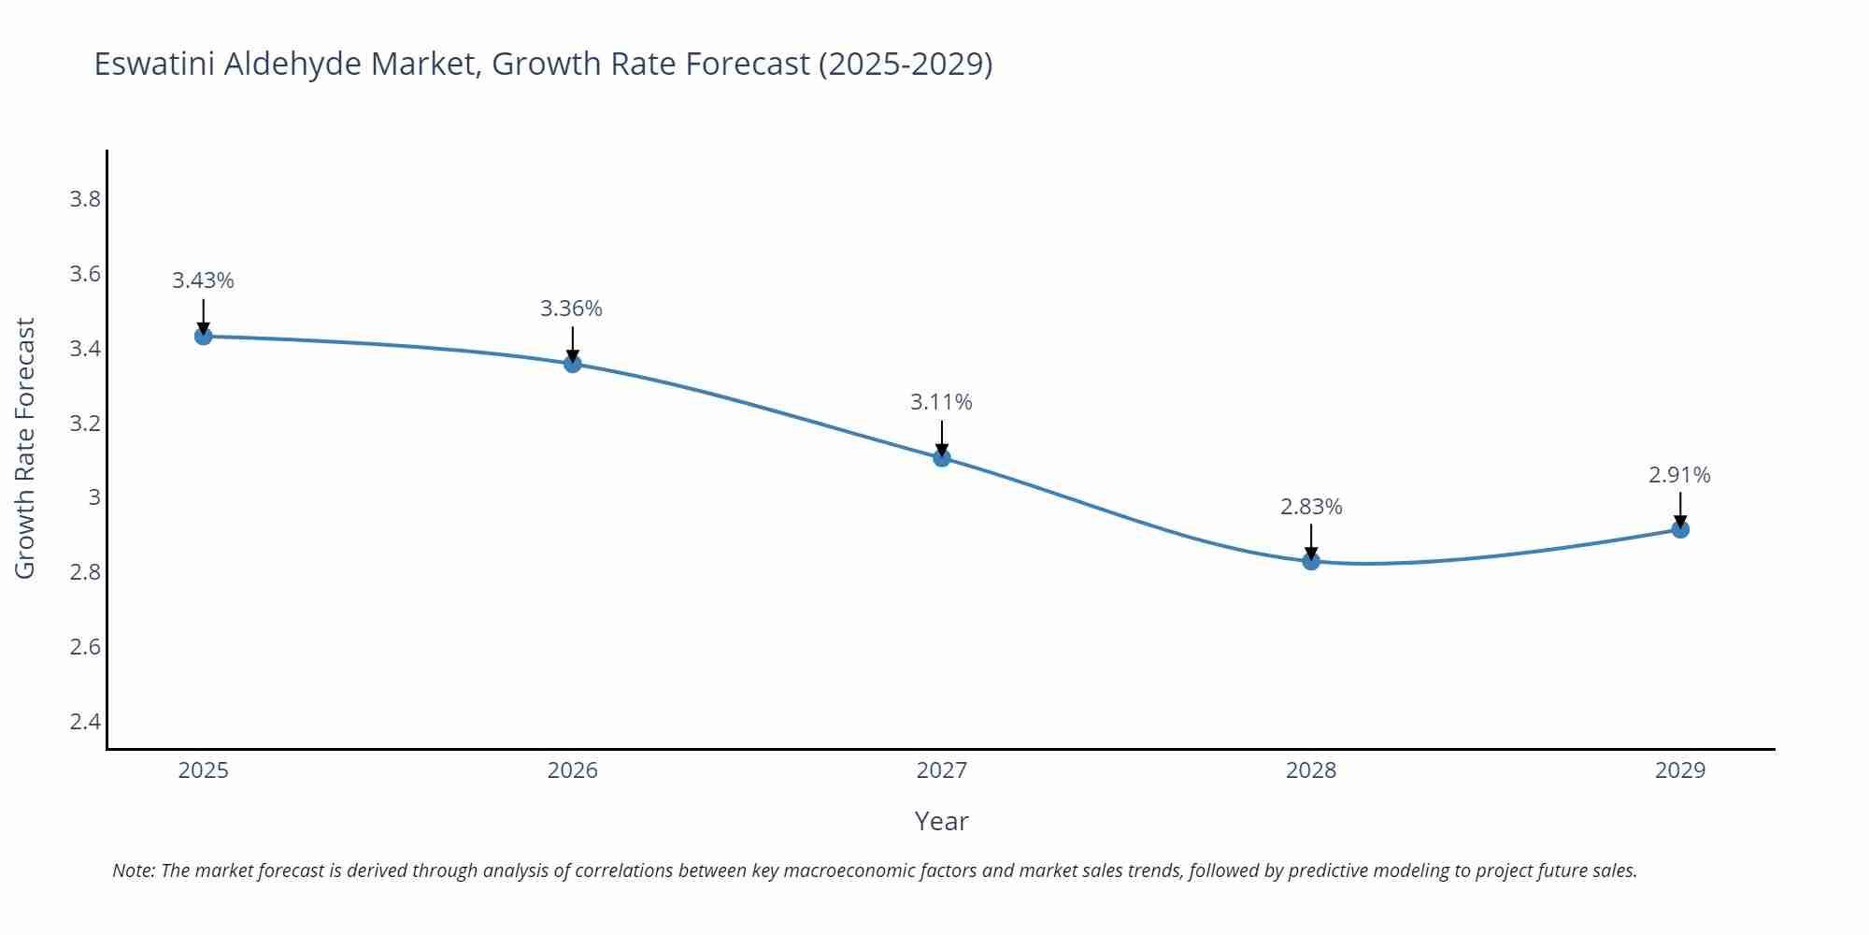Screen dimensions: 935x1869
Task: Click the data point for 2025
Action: click(x=203, y=336)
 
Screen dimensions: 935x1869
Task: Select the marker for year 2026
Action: click(x=573, y=363)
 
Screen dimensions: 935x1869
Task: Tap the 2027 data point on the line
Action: click(x=941, y=457)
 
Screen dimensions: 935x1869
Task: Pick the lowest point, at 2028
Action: click(x=1310, y=561)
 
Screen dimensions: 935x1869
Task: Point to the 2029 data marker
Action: click(x=1679, y=529)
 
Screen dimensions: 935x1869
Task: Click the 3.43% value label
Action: click(x=203, y=280)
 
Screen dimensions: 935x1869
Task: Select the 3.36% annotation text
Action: click(x=571, y=309)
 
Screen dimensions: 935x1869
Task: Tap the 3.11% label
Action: click(x=941, y=402)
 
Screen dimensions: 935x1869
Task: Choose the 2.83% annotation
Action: click(x=1310, y=507)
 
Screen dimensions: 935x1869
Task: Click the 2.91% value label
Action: click(x=1679, y=475)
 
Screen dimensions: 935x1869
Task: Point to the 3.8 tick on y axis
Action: click(x=85, y=199)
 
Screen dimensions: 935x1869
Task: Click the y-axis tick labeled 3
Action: click(x=93, y=497)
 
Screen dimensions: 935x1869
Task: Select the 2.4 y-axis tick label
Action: click(x=85, y=721)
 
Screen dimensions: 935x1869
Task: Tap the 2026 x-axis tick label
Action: click(x=573, y=770)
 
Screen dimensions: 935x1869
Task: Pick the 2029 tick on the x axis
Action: click(x=1679, y=770)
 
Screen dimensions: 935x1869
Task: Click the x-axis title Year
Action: click(x=941, y=821)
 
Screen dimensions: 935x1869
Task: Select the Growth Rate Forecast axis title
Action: click(x=25, y=448)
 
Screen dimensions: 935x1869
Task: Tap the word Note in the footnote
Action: click(x=133, y=870)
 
